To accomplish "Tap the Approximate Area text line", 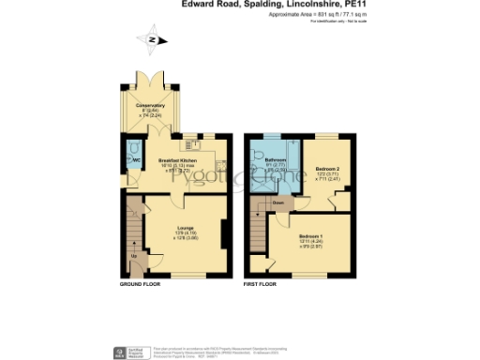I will tap(301, 15).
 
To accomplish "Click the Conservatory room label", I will tap(149, 105).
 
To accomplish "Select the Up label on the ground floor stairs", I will tap(133, 255).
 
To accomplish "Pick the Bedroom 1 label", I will tap(310, 236).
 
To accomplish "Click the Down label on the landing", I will tap(278, 202).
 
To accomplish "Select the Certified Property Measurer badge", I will tap(130, 352).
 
